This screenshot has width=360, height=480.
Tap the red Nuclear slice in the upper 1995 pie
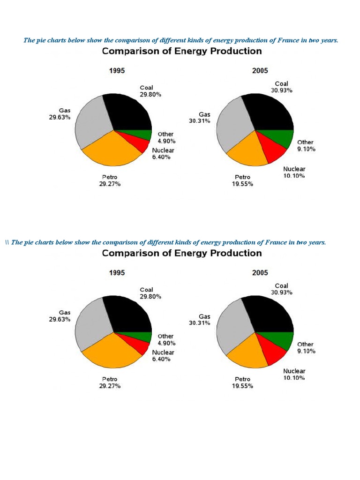point(139,141)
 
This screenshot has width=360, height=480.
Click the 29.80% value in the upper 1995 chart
point(150,94)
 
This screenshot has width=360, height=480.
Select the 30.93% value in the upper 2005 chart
point(281,90)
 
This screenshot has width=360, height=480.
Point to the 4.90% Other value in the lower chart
point(166,343)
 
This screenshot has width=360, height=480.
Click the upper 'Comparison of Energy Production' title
point(182,51)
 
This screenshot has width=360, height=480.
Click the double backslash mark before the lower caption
point(7,242)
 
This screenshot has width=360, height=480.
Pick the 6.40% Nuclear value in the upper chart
point(162,157)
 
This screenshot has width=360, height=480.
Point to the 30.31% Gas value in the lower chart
point(199,323)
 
